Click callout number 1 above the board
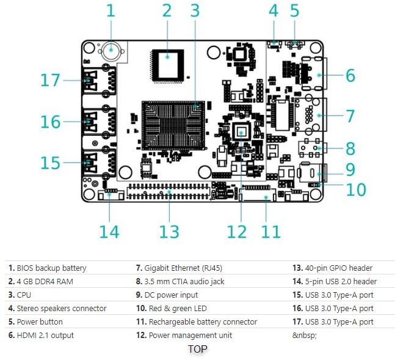(x=111, y=10)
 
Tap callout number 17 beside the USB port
(x=51, y=80)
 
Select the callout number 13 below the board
(x=169, y=232)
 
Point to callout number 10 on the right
(x=355, y=189)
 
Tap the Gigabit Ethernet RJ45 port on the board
(x=310, y=116)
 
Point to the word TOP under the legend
(x=197, y=349)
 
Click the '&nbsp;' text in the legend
(x=305, y=335)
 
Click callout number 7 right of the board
(x=350, y=116)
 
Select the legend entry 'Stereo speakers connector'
(x=57, y=308)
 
